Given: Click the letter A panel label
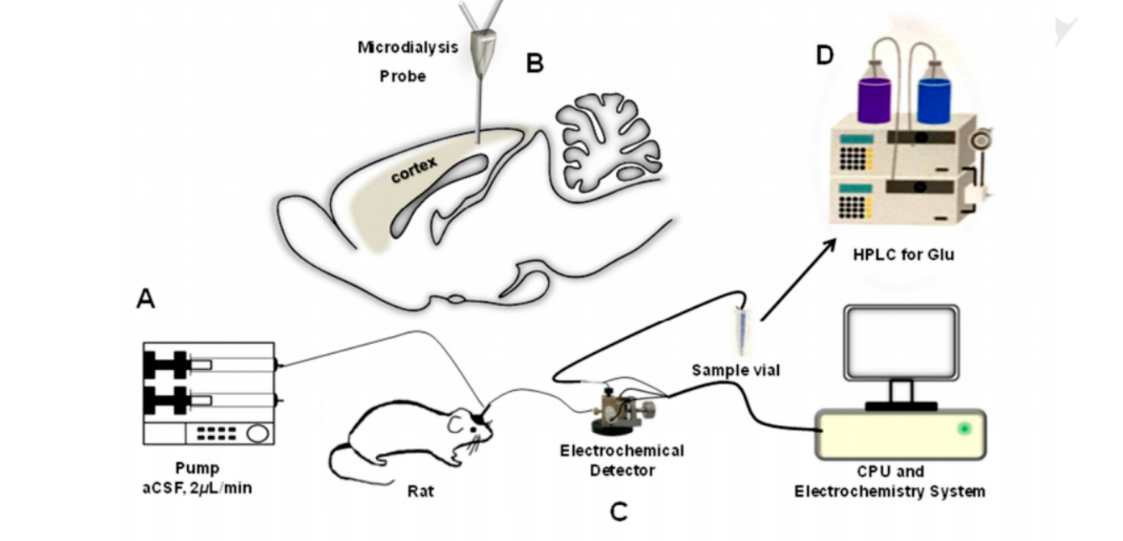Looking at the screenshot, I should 145,299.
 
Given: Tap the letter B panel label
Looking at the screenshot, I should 535,63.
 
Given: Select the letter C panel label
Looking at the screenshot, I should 619,511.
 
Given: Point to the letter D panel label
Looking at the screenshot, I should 825,56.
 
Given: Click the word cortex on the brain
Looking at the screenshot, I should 414,168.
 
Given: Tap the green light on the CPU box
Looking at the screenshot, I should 964,429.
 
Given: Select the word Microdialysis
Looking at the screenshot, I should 408,47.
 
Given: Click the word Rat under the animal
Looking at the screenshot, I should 420,491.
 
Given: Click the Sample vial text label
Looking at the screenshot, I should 735,369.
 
